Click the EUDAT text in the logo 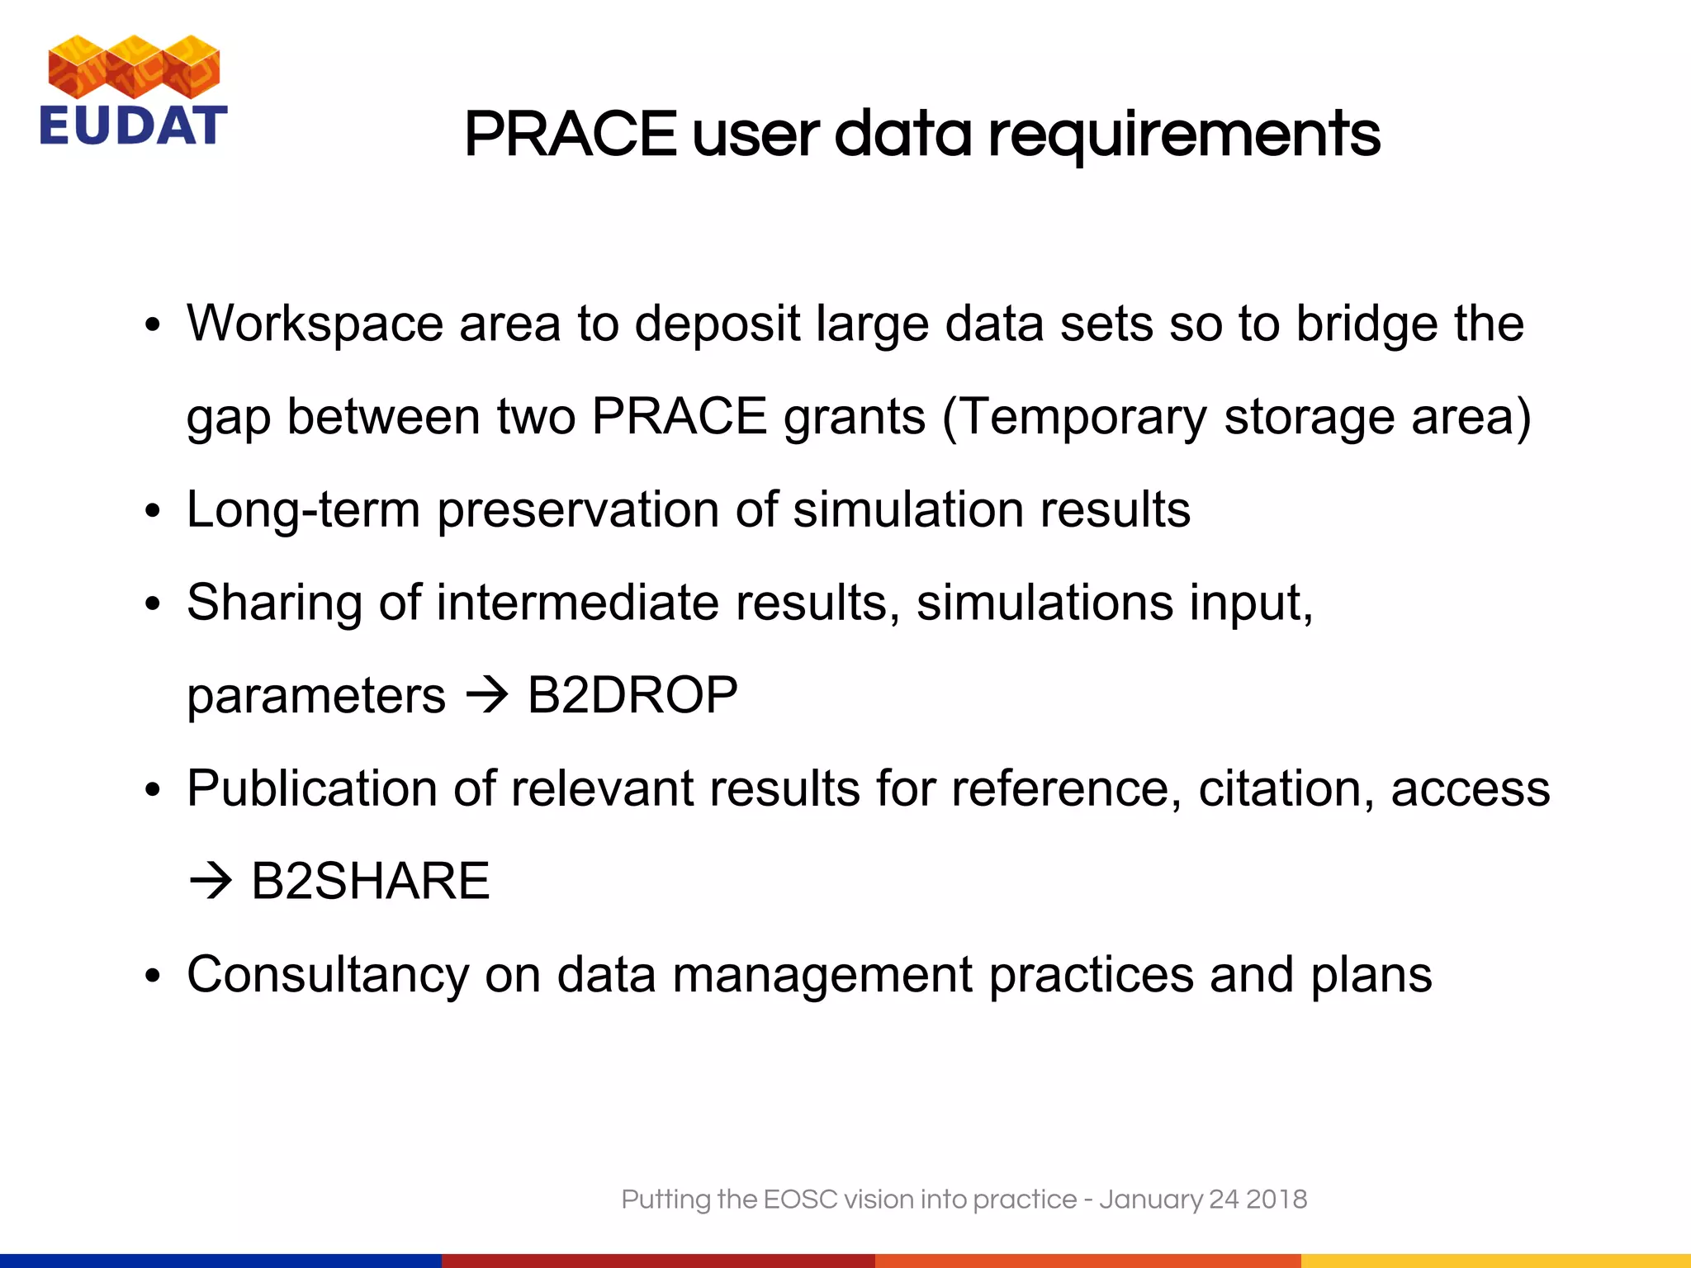coord(134,125)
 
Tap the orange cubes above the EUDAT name coord(134,66)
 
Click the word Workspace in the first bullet coord(315,323)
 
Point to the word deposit coord(717,324)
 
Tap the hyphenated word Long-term coord(303,509)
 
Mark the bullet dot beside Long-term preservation coord(152,512)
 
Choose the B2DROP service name coord(632,695)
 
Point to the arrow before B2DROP coord(487,696)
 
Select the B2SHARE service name coord(370,881)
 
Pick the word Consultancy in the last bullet coord(328,975)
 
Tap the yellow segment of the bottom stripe coord(1495,1261)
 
